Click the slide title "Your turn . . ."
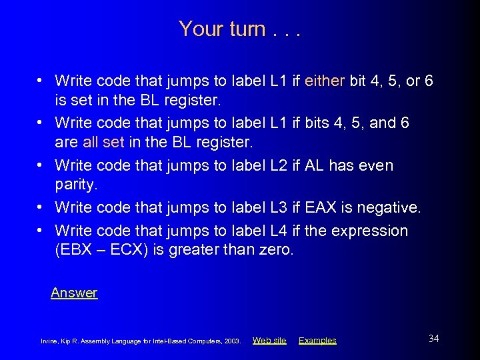point(239,29)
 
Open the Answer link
point(74,293)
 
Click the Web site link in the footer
point(269,340)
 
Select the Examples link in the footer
point(317,340)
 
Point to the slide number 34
point(433,339)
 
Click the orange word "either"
point(325,81)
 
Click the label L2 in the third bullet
point(279,165)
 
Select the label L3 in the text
point(279,208)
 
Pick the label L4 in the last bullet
point(279,231)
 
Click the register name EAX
point(321,208)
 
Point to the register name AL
point(314,165)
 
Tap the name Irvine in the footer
point(50,341)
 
